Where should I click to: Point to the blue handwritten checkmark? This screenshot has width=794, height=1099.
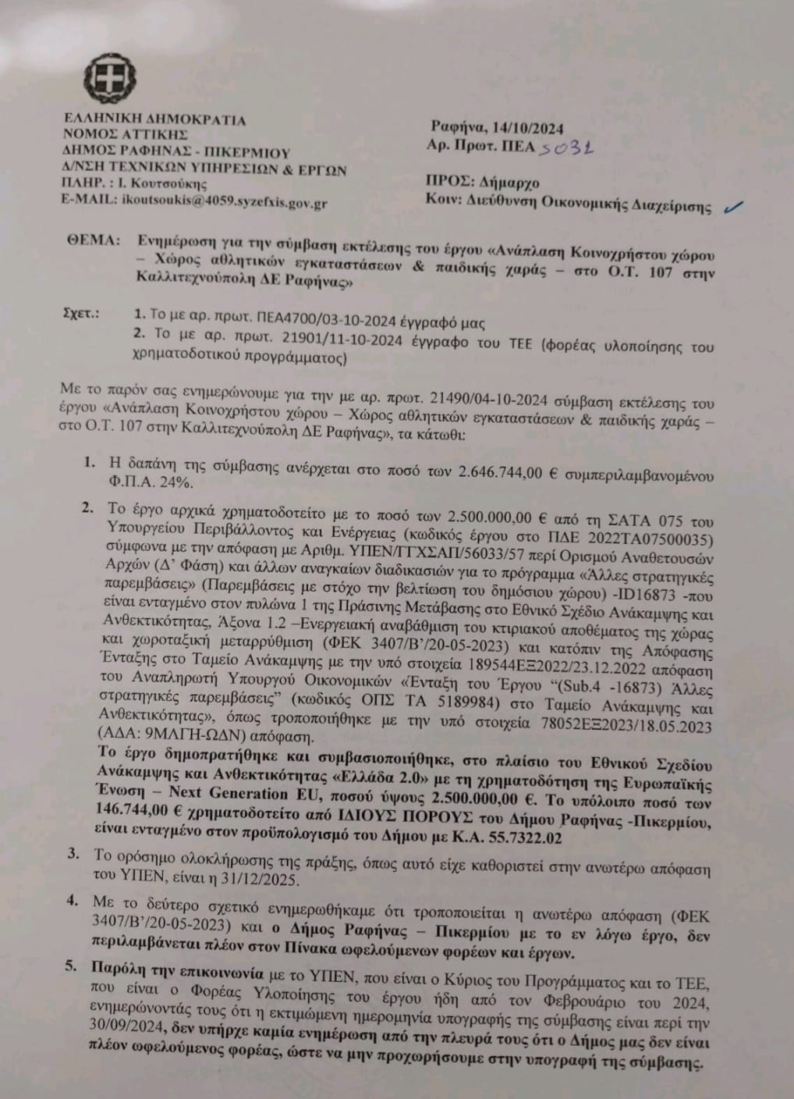(x=733, y=206)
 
